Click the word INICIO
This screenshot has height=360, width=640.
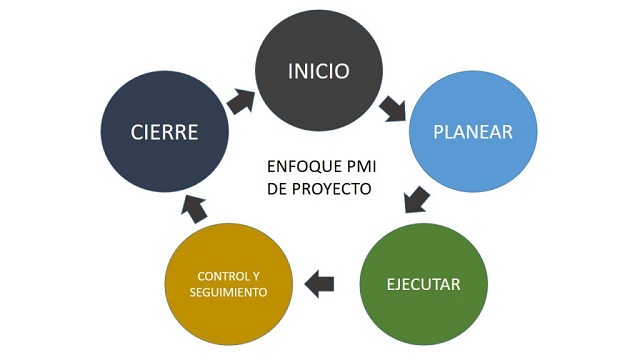[318, 71]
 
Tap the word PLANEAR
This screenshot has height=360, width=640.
[473, 132]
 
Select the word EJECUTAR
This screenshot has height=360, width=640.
[423, 284]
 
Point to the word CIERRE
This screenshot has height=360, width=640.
[165, 132]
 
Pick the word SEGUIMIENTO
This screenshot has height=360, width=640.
[229, 293]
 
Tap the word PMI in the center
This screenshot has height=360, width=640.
[358, 166]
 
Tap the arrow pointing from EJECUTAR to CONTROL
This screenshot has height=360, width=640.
[319, 283]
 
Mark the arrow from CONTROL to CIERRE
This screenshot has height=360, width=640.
[195, 208]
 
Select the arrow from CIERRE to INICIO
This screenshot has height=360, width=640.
[242, 100]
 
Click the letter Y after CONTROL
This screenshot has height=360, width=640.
[257, 275]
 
